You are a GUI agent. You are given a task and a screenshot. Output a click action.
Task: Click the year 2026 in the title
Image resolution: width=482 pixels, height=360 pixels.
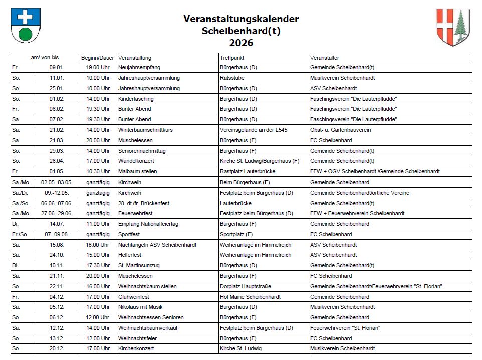click(x=241, y=43)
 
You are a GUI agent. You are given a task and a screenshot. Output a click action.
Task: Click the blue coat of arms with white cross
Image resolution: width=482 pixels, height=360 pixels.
click(x=25, y=26)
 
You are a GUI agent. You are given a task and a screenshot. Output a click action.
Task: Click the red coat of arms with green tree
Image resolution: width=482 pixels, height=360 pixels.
click(x=453, y=28)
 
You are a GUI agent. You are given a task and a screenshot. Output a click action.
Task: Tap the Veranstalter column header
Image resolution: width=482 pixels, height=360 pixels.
click(x=324, y=58)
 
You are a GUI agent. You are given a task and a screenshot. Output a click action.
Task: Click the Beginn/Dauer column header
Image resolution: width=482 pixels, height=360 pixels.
click(x=97, y=58)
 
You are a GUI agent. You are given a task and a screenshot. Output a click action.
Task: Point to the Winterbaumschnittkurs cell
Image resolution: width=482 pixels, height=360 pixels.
click(x=145, y=130)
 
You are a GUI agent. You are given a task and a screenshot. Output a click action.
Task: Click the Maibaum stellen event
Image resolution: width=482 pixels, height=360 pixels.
click(x=138, y=172)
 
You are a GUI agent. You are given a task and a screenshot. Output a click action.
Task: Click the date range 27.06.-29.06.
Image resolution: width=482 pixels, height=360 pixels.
click(x=58, y=214)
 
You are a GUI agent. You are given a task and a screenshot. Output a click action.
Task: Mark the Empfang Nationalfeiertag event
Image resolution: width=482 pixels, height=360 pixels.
click(x=148, y=224)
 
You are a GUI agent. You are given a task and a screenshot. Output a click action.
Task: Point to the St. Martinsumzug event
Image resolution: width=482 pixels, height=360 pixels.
click(x=140, y=266)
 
